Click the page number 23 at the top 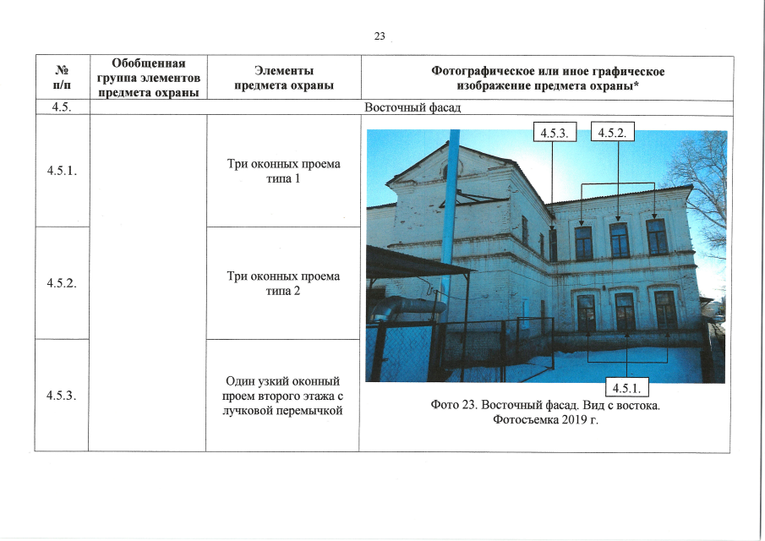pos(380,36)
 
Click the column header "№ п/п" pos(62,78)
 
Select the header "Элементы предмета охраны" pos(284,78)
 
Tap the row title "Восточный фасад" pos(413,107)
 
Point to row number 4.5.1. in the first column pos(62,171)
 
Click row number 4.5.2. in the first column pos(62,283)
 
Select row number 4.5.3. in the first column pos(62,395)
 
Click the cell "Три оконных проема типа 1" pos(283,172)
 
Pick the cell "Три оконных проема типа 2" pos(283,283)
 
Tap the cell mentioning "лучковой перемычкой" pos(283,396)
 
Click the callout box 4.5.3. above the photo pos(555,132)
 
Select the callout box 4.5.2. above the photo pos(612,132)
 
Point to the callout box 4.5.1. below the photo pos(627,387)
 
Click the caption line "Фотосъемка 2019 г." pos(545,419)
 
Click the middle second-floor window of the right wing pos(619,240)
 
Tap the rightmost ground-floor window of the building pos(665,309)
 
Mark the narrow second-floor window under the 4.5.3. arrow pos(553,245)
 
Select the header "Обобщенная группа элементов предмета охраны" pos(149,78)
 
